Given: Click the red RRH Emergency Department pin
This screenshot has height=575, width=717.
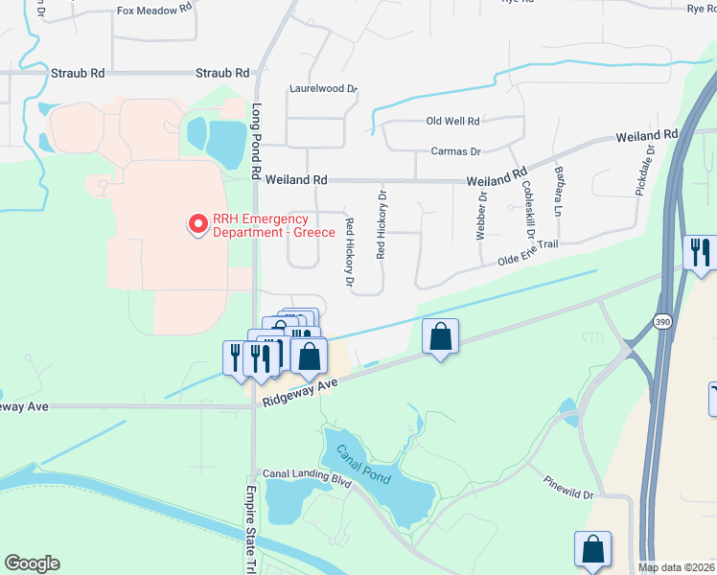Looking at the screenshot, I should (x=198, y=224).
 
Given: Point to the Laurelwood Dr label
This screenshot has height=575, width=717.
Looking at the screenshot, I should (x=323, y=89).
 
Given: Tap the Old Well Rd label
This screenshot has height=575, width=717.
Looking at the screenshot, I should (x=452, y=122).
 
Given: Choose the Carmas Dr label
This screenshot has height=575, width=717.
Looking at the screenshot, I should (x=455, y=151).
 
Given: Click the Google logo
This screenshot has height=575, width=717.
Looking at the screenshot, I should (x=32, y=563).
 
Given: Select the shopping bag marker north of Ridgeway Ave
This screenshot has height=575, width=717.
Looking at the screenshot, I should (x=440, y=337).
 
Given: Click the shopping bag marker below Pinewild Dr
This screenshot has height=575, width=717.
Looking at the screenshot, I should (x=592, y=549).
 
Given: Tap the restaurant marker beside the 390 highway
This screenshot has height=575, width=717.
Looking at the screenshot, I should (x=700, y=252).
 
